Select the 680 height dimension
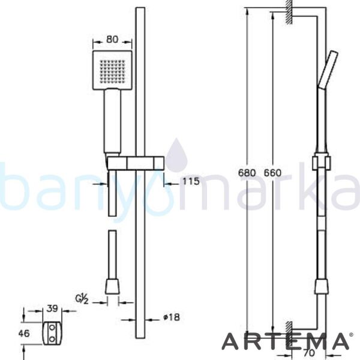coord(246,173)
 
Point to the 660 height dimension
coord(272,173)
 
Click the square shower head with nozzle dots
coord(110,71)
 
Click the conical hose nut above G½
coord(112,286)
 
